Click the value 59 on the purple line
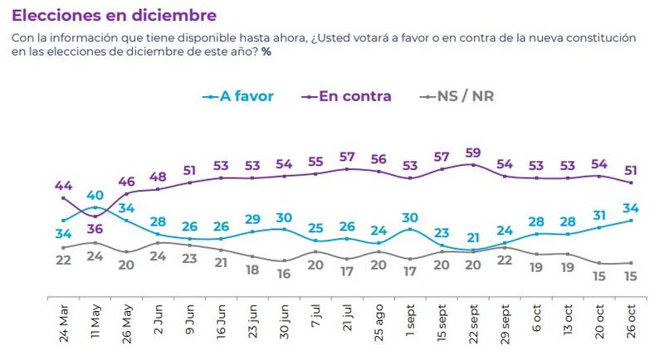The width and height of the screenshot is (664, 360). tap(473, 153)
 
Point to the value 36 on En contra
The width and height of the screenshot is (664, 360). tap(96, 229)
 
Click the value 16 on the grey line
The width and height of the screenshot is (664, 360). tap(285, 274)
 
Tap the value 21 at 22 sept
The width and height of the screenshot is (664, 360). tap(473, 238)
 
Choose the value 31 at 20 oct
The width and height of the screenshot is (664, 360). tap(599, 215)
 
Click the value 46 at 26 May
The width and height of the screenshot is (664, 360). tap(128, 180)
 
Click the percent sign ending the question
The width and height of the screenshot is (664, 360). tap(266, 52)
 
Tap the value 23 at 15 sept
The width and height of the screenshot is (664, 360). tap(442, 232)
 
